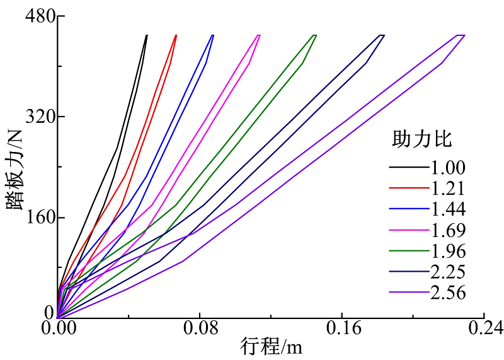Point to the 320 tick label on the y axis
click(x=37, y=117)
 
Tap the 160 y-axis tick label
click(x=37, y=218)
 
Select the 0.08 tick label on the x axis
click(x=200, y=329)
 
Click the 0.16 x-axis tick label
click(x=341, y=329)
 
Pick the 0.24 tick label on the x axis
click(x=483, y=329)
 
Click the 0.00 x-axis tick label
click(x=58, y=329)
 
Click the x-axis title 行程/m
click(x=266, y=346)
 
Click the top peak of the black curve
click(x=147, y=35)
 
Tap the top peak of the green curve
click(x=316, y=35)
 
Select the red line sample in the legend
click(x=408, y=189)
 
